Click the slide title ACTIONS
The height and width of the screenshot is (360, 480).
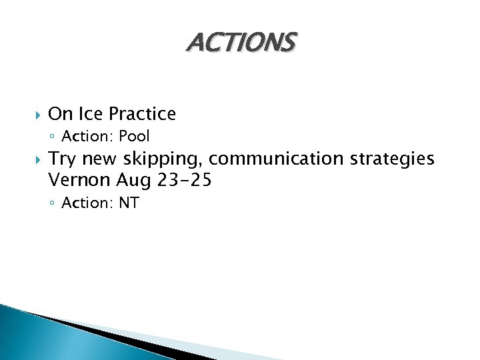[x=240, y=43]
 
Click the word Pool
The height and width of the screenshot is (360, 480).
[x=135, y=137]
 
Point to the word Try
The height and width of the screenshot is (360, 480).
[x=62, y=159]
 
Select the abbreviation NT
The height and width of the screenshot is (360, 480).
[x=129, y=203]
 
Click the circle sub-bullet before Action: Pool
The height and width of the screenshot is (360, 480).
[x=53, y=137]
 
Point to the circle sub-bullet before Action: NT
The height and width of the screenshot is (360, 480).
[x=53, y=203]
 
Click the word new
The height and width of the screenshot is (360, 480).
[x=97, y=159]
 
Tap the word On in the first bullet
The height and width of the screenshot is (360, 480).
[x=60, y=114]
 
